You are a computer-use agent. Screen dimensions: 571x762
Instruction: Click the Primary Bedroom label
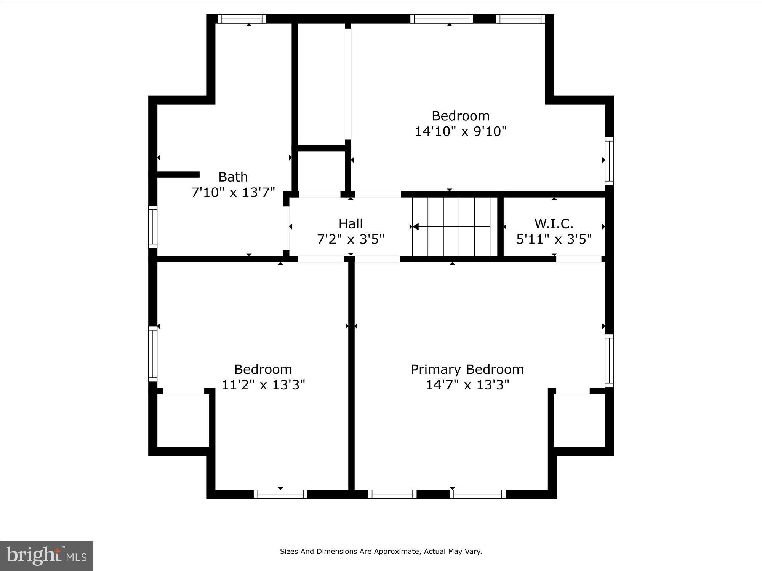tap(467, 370)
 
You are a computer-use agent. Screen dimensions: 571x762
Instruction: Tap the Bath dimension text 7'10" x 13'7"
tap(233, 193)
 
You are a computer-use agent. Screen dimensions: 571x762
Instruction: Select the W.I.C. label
tap(554, 223)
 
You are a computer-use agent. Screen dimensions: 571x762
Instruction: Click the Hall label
tap(351, 223)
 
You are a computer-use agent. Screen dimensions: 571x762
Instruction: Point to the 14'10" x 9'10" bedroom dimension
tap(461, 131)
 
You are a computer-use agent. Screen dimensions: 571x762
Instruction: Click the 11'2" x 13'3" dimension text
tap(263, 385)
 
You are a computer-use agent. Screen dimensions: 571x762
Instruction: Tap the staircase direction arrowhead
tap(416, 227)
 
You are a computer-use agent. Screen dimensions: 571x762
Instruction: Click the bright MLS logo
tap(46, 555)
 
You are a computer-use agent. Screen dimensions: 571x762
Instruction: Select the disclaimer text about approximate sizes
tap(381, 551)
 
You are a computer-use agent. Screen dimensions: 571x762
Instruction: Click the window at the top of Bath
tap(242, 19)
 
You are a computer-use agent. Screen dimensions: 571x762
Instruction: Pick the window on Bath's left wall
tap(153, 226)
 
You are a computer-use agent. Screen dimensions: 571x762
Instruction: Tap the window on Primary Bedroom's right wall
tap(609, 360)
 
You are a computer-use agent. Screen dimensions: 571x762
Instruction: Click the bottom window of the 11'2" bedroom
tap(280, 494)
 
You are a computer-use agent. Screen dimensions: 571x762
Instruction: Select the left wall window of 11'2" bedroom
tap(153, 354)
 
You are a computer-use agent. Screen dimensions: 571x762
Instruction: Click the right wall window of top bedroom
tap(609, 161)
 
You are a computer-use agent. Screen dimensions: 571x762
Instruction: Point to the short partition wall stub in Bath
tap(178, 174)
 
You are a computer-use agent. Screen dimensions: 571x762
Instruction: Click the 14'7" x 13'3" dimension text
tap(467, 385)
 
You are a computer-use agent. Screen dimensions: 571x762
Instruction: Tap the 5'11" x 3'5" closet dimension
tap(554, 239)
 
